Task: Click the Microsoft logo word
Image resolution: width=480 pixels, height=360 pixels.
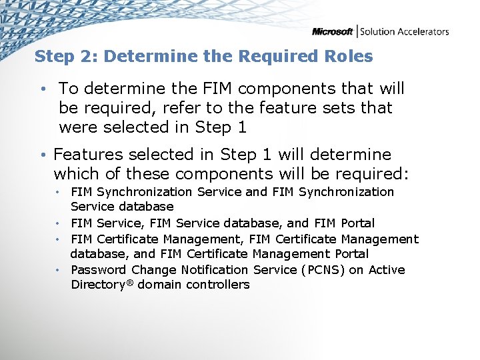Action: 333,31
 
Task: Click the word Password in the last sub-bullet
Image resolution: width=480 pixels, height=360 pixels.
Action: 99,269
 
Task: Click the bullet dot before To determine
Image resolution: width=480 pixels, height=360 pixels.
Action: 42,89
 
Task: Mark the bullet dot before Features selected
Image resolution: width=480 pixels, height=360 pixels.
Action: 42,155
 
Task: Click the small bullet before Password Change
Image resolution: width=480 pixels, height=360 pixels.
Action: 59,270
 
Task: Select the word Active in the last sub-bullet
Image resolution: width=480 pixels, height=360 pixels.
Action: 387,269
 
